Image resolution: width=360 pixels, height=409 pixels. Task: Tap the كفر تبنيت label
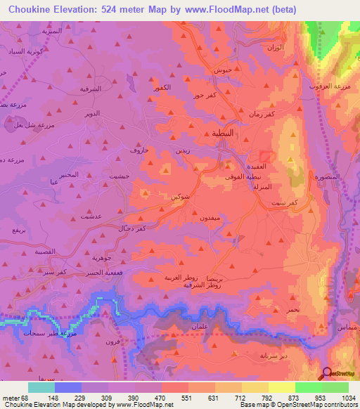click(288, 202)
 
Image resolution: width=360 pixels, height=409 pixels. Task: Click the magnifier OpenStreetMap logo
click(328, 374)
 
